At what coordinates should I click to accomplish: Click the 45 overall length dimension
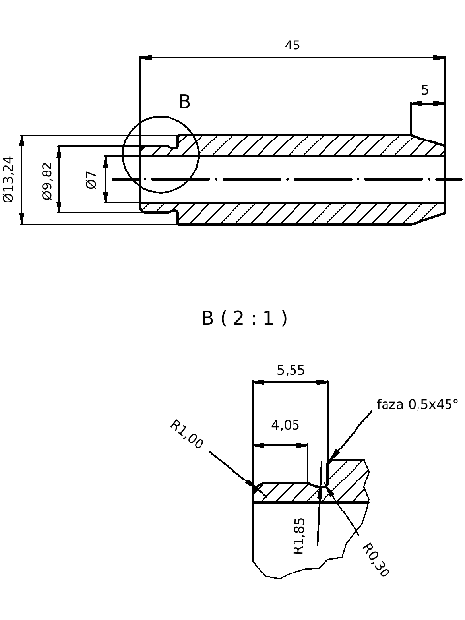pyautogui.click(x=292, y=45)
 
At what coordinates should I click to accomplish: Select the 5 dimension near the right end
pyautogui.click(x=424, y=90)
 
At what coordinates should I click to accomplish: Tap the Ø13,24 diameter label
pyautogui.click(x=9, y=179)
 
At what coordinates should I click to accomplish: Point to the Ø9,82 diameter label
pyautogui.click(x=46, y=180)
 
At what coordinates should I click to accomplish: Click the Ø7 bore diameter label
pyautogui.click(x=91, y=179)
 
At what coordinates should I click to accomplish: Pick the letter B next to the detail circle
pyautogui.click(x=184, y=101)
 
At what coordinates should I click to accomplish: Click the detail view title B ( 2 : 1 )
pyautogui.click(x=244, y=318)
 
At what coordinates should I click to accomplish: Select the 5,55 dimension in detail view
pyautogui.click(x=292, y=369)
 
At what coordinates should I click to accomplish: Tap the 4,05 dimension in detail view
pyautogui.click(x=284, y=424)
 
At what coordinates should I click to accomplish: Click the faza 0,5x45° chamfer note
pyautogui.click(x=417, y=403)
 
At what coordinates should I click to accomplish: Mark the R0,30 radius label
pyautogui.click(x=376, y=560)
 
